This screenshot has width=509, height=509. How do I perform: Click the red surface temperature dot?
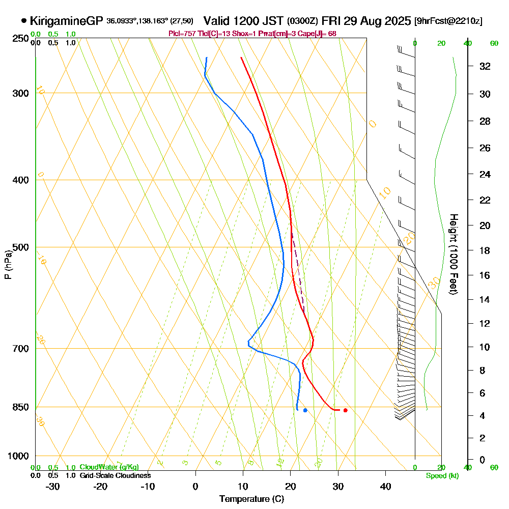click(x=346, y=410)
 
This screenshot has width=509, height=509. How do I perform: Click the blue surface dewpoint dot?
click(x=305, y=410)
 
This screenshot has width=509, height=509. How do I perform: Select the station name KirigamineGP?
click(x=66, y=21)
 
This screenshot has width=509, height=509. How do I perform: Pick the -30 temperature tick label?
click(x=52, y=486)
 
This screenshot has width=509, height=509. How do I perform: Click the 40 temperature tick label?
click(x=386, y=486)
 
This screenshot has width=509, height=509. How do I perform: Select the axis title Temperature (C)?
click(x=251, y=499)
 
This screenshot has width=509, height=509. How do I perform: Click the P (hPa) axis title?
click(x=8, y=265)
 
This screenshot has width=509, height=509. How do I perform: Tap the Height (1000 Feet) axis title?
click(x=453, y=254)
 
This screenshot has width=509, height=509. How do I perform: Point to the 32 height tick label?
click(x=485, y=66)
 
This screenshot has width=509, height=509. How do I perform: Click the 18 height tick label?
click(x=485, y=250)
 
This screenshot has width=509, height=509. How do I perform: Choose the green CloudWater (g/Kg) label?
click(x=109, y=467)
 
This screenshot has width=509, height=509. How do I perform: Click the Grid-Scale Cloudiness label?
click(x=115, y=475)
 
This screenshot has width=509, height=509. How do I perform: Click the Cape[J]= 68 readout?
click(x=320, y=34)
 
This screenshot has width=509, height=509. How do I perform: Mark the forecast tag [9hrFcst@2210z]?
click(x=448, y=21)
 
